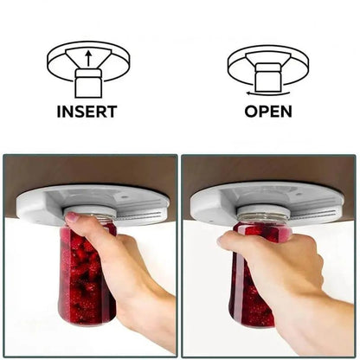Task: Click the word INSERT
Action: click(x=87, y=112)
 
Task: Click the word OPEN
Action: click(x=268, y=112)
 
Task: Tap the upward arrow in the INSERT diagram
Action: click(x=89, y=58)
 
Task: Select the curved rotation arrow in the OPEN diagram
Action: click(x=268, y=93)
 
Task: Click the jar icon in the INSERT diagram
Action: click(x=88, y=83)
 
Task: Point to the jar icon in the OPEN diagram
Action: click(x=268, y=78)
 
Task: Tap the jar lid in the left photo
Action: click(x=90, y=210)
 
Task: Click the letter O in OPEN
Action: click(x=251, y=112)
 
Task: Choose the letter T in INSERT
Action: click(x=112, y=112)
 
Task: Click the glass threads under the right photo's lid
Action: click(x=263, y=218)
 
